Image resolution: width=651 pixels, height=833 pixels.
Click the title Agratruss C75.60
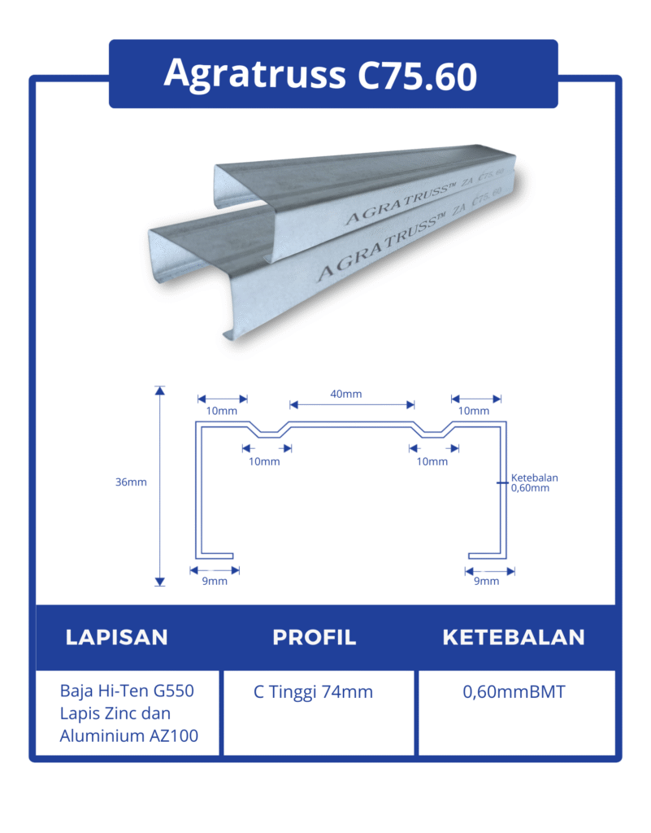320,74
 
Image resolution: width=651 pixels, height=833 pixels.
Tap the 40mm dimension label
346,394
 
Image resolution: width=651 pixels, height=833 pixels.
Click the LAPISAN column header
116,637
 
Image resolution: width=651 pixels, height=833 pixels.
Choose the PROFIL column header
315,637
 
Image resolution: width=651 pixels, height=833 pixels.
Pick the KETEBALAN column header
514,637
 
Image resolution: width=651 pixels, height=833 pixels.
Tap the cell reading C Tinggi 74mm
313,692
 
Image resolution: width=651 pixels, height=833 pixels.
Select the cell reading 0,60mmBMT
514,692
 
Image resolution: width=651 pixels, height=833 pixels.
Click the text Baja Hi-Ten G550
127,691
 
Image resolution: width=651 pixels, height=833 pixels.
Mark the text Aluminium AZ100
128,736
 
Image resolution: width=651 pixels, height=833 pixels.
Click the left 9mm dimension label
215,581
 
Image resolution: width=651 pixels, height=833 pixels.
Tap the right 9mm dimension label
486,581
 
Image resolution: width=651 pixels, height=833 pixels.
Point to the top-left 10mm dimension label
221,411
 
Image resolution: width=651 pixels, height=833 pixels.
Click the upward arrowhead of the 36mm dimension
160,391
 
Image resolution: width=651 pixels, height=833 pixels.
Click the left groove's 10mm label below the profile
264,461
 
